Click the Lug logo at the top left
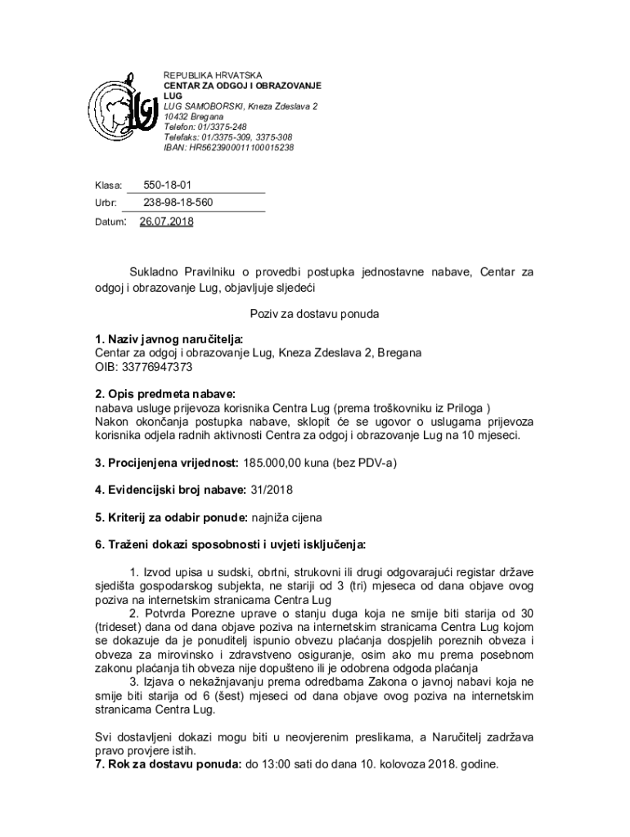(x=123, y=111)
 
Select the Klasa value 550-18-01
(x=168, y=186)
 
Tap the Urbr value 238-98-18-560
(x=178, y=202)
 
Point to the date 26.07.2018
(x=167, y=221)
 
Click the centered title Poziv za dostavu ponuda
(x=315, y=314)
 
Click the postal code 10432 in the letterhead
(x=178, y=117)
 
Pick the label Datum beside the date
(x=110, y=222)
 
